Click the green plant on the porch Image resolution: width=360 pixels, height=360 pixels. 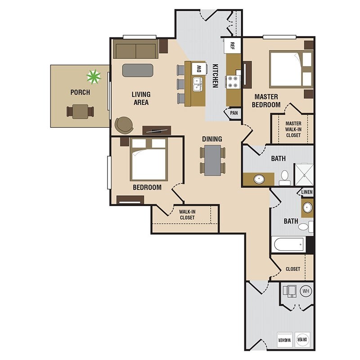94,76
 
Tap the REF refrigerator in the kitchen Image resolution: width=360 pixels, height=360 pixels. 232,46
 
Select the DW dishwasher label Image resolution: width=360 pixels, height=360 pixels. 199,68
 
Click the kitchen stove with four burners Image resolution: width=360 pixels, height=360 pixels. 232,82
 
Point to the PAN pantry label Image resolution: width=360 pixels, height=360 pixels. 234,113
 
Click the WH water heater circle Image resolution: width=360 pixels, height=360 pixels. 306,291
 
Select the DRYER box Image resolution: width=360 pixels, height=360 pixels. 302,340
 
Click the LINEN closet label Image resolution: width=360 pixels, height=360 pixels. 307,192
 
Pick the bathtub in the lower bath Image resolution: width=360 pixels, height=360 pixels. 288,245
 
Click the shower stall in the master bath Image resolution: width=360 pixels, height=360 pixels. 304,175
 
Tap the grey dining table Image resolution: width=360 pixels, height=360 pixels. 212,160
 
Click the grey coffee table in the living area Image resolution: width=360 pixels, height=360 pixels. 138,70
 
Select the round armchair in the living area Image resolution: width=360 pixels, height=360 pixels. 124,125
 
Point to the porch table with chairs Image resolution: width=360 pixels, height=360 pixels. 80,112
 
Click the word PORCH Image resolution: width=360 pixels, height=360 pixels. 80,92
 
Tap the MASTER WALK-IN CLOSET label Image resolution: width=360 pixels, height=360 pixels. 293,129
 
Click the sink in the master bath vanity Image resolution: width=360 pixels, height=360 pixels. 259,179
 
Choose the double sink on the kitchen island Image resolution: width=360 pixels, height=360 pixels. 197,84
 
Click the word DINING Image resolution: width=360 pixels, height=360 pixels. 212,139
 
